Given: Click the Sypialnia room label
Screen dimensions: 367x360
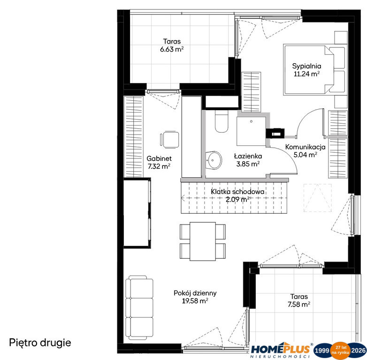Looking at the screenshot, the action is [x=306, y=66].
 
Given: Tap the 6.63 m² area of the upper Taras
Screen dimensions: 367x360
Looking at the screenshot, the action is [x=172, y=49].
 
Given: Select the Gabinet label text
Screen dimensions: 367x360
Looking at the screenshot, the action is [x=159, y=158].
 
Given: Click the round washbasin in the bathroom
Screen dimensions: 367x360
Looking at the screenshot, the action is [x=214, y=160].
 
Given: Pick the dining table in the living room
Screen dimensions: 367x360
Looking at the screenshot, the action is [x=203, y=241].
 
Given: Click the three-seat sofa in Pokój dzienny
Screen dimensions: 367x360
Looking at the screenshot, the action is [x=139, y=307].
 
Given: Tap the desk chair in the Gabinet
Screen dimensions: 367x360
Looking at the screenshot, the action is [x=170, y=140].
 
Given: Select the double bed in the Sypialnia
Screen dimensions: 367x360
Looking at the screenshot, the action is [x=314, y=70].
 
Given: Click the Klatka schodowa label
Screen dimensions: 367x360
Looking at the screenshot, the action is [x=237, y=192].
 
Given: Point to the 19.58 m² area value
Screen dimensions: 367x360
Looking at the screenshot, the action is [x=195, y=301].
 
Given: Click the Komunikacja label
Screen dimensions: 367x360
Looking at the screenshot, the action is [x=305, y=147].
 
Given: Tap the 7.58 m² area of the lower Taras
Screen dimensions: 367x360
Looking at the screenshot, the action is [x=299, y=304].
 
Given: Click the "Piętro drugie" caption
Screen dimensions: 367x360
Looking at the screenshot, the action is [x=40, y=343].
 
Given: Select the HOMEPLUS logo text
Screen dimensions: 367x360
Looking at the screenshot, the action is [x=280, y=349].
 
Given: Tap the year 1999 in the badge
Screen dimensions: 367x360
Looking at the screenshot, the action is [x=322, y=350].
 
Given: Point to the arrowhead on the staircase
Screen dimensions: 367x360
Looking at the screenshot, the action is [x=183, y=198].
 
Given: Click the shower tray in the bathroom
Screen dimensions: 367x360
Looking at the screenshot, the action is [x=251, y=131].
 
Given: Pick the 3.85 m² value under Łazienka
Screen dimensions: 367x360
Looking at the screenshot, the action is [x=248, y=164].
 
